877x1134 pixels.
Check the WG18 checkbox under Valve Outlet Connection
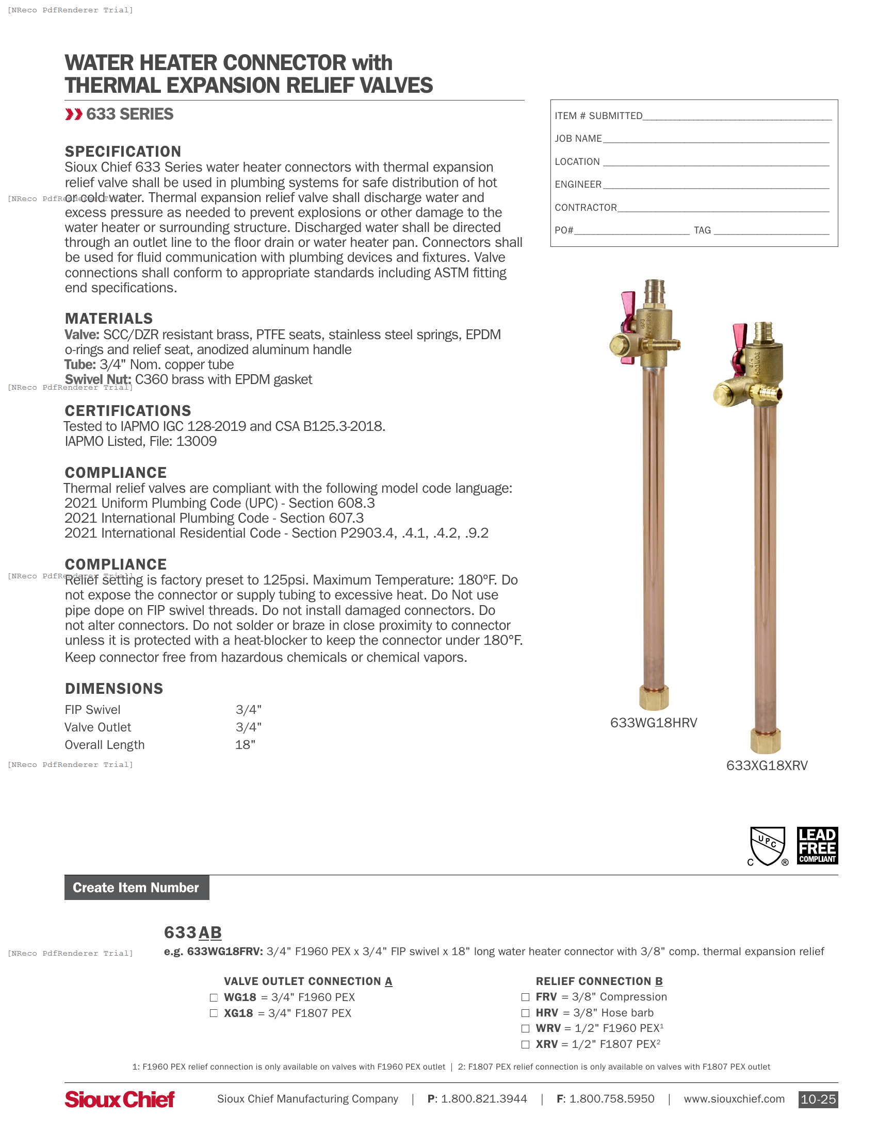[x=214, y=997]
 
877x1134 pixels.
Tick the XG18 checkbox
[x=214, y=1013]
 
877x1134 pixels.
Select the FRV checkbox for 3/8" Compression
[x=525, y=997]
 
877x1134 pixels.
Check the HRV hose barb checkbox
[x=525, y=1013]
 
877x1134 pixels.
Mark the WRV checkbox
[x=525, y=1029]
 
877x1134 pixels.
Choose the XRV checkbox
[x=525, y=1044]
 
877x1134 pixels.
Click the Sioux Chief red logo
[x=120, y=1099]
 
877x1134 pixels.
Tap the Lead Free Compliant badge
[x=817, y=845]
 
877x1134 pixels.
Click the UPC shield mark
[x=768, y=845]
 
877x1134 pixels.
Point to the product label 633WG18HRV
[x=654, y=723]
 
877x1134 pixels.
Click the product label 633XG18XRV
[x=767, y=765]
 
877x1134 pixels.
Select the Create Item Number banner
[x=137, y=888]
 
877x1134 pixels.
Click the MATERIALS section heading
[x=108, y=318]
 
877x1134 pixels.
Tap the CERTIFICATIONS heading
[x=128, y=411]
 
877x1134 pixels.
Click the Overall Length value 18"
[x=245, y=745]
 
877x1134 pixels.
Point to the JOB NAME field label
[x=578, y=139]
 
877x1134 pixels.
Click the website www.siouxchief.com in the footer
[x=734, y=1099]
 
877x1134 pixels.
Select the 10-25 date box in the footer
[x=818, y=1099]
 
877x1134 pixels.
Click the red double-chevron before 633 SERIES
[x=74, y=114]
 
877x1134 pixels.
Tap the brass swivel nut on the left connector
[x=654, y=697]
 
